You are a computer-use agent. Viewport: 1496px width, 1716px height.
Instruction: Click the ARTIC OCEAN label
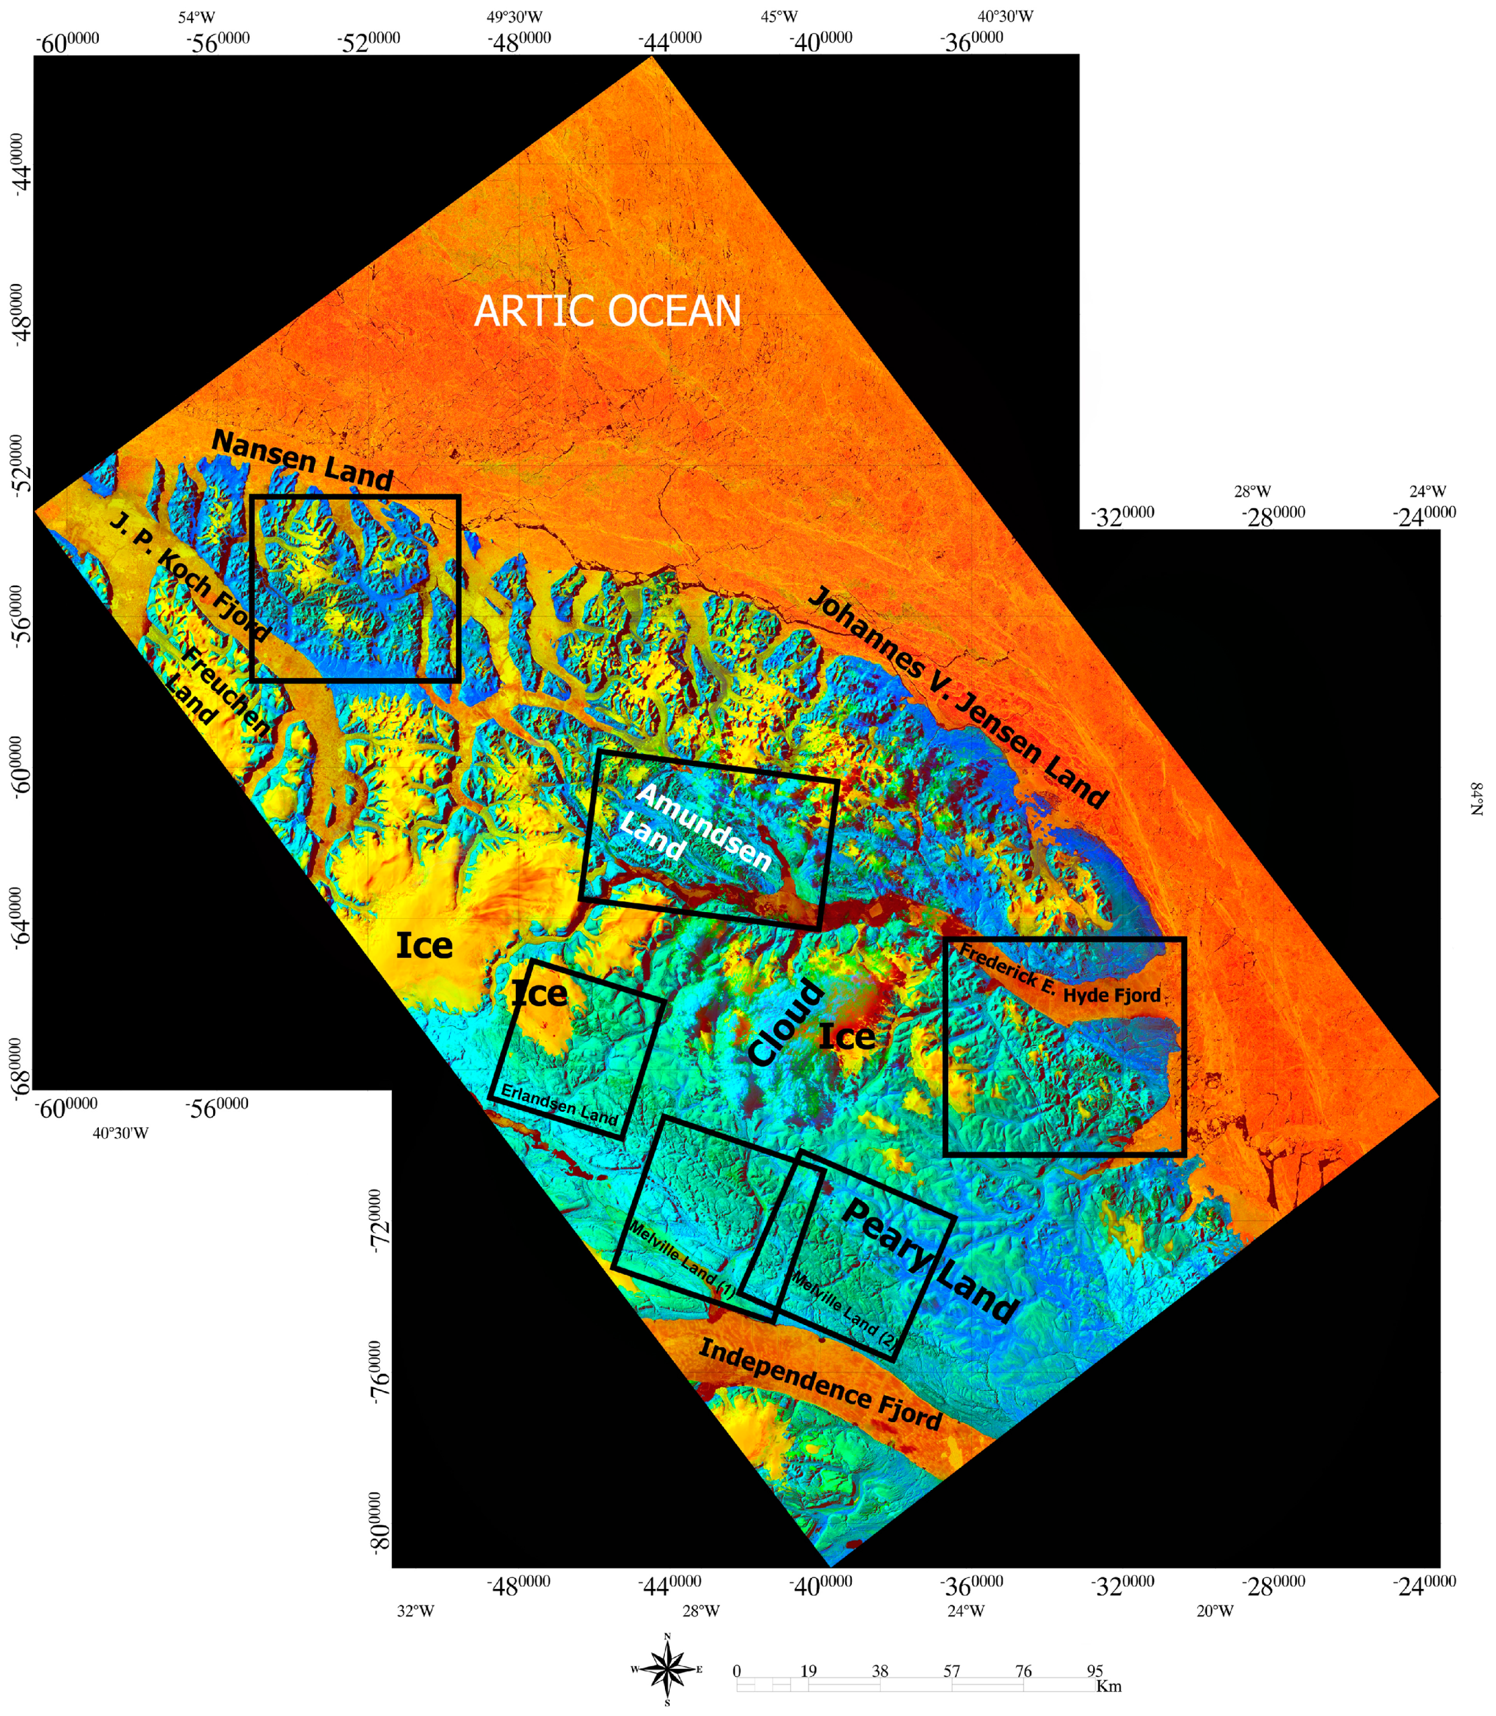pyautogui.click(x=607, y=311)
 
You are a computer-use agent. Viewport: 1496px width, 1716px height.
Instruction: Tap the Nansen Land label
pyautogui.click(x=302, y=460)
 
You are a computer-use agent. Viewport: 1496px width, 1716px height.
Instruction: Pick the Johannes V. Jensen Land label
pyautogui.click(x=958, y=698)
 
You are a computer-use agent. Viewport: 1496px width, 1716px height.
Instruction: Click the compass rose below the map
pyautogui.click(x=667, y=1669)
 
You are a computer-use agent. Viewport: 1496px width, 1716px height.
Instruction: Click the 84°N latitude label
pyautogui.click(x=1476, y=798)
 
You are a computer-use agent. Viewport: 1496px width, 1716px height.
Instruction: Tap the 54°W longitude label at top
pyautogui.click(x=196, y=17)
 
